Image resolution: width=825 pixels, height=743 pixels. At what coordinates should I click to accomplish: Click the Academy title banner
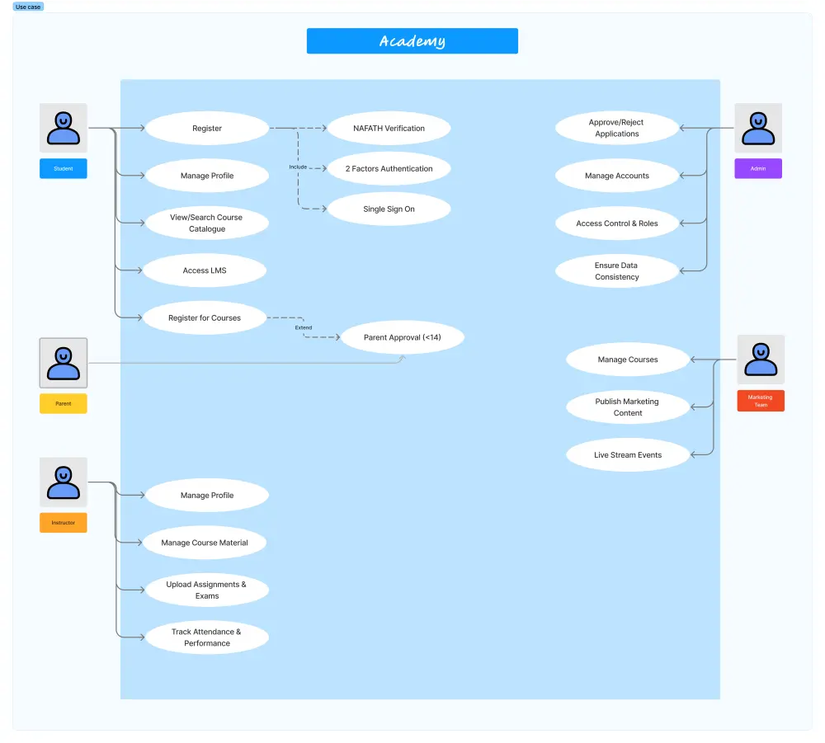(412, 41)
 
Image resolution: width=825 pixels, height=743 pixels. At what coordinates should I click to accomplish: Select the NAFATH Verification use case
(389, 129)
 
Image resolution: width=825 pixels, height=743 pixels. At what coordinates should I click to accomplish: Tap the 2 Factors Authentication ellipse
(389, 169)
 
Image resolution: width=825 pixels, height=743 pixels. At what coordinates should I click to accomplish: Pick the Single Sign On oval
(389, 209)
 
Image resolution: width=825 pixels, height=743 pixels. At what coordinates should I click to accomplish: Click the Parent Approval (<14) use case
(403, 338)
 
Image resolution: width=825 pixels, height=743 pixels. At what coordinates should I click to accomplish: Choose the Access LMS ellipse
(205, 270)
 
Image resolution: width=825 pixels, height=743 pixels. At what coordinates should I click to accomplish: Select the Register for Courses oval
(205, 318)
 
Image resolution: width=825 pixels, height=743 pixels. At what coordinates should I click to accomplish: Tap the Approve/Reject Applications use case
(617, 128)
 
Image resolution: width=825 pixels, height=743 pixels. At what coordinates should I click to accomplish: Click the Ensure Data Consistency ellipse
(617, 271)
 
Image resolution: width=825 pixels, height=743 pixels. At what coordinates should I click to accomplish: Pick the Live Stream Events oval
(628, 455)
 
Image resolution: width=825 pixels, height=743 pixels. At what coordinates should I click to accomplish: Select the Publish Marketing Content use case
(628, 407)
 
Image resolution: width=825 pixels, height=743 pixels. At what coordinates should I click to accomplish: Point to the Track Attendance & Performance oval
(206, 637)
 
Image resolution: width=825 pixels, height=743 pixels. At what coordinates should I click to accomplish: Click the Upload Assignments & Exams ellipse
(206, 590)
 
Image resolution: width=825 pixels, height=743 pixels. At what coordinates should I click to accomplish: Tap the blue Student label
(64, 169)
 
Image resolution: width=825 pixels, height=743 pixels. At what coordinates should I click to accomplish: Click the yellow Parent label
(64, 404)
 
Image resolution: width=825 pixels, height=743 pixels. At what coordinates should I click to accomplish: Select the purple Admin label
(758, 169)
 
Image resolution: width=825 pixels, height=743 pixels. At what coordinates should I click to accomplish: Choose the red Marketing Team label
(761, 401)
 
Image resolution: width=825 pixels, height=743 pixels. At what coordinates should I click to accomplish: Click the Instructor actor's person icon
(64, 482)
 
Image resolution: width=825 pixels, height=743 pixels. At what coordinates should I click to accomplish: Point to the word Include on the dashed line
(298, 167)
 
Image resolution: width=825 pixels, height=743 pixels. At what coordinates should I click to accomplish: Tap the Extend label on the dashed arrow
(304, 328)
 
